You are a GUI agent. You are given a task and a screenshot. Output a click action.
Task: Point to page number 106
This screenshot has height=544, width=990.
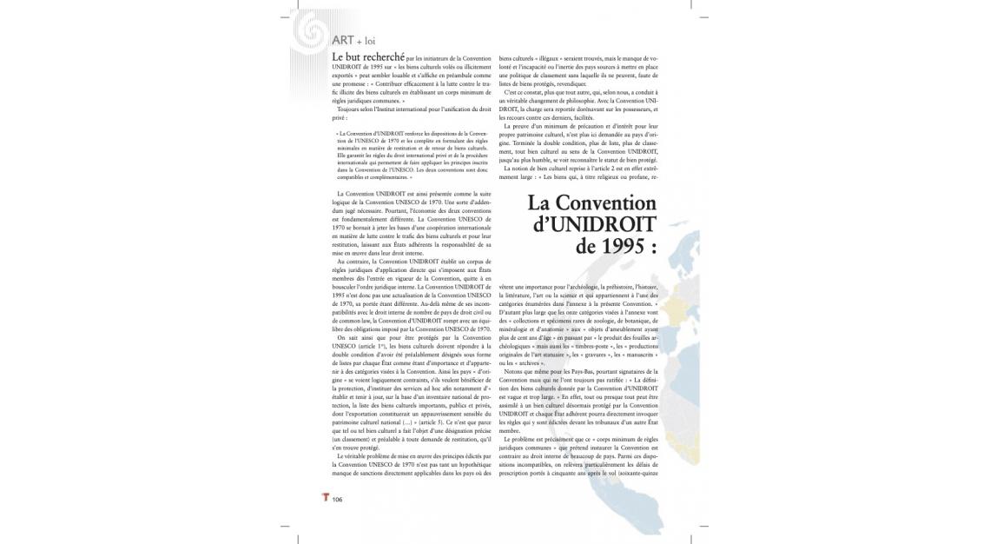[337, 500]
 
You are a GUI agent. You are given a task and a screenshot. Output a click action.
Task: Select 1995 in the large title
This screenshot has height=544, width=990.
[622, 246]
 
